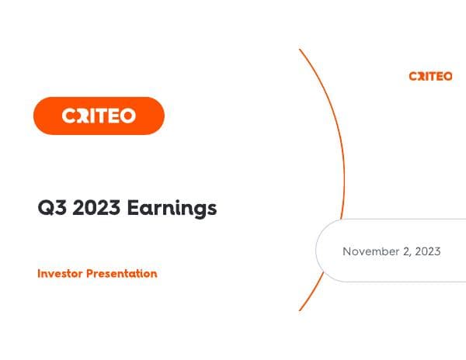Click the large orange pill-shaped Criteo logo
99,116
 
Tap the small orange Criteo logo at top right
430,76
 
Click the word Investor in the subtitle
59,274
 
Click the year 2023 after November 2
427,251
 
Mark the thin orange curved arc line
343,178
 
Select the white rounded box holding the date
388,250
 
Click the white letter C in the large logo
70,116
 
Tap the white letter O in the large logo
127,116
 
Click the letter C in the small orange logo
413,76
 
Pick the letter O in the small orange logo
447,76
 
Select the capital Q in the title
44,208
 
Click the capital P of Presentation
89,274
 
